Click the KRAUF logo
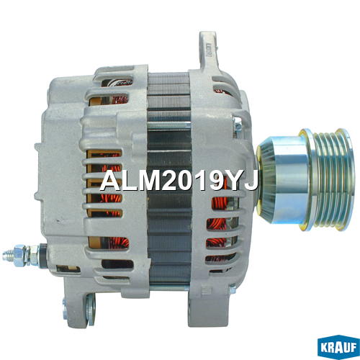pos(338,347)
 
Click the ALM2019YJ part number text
pos(179,180)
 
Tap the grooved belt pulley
pos(327,180)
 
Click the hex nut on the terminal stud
pos(19,255)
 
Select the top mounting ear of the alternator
pos(208,50)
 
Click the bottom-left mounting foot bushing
pos(91,310)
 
